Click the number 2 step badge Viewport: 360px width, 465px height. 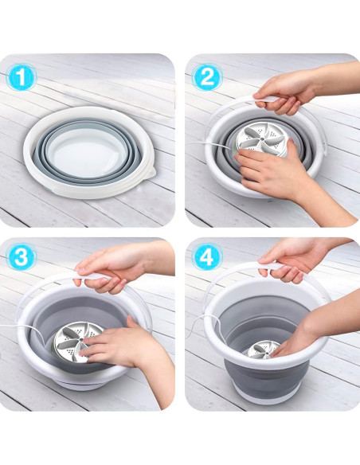207,77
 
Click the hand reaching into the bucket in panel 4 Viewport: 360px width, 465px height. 307,334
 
